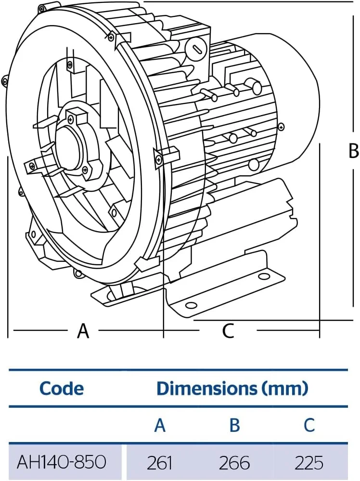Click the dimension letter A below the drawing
(x=83, y=331)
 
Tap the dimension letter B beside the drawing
(x=353, y=151)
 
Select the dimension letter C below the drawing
(x=228, y=331)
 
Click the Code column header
(x=62, y=388)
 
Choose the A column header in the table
(x=160, y=425)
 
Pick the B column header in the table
(x=234, y=425)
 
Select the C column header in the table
(x=309, y=425)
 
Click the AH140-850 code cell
(x=62, y=463)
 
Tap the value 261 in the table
(x=160, y=463)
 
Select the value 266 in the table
(x=234, y=463)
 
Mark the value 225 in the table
(x=309, y=463)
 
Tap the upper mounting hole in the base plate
(x=263, y=277)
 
